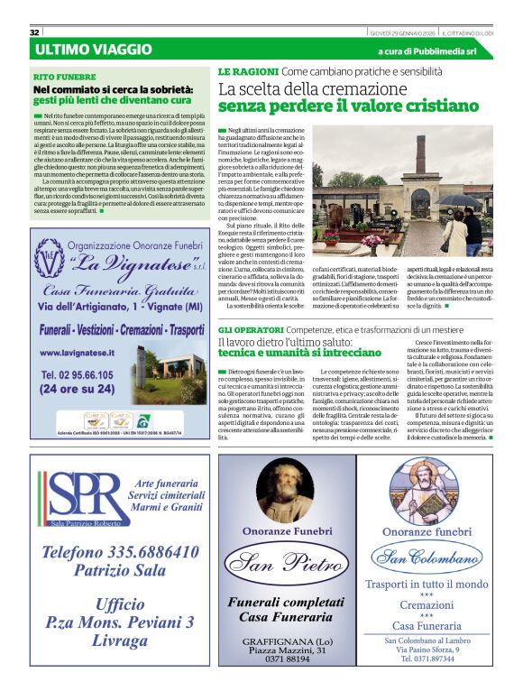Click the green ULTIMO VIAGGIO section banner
coord(94,49)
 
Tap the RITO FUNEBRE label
coord(64,77)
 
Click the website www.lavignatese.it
coord(77,353)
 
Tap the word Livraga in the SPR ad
coord(119,640)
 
